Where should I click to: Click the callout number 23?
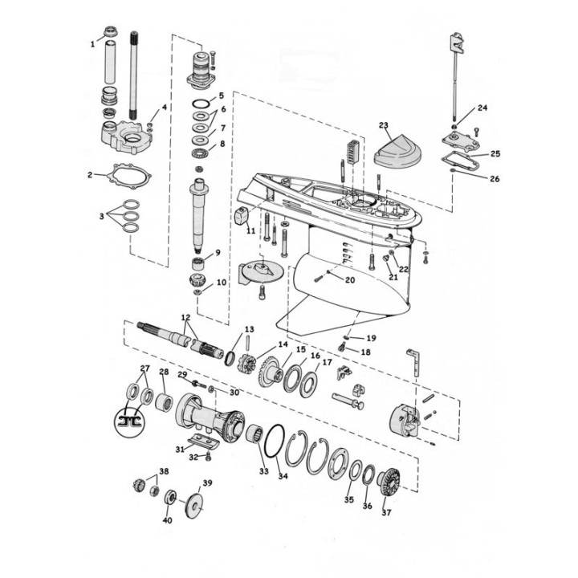point(384,125)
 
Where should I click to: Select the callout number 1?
point(92,45)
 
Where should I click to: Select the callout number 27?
point(144,369)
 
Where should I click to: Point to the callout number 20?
point(349,280)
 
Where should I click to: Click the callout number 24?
point(482,108)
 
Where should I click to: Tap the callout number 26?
point(494,178)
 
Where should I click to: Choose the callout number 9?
point(217,253)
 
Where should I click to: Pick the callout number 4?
point(165,108)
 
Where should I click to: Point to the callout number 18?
point(365,352)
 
